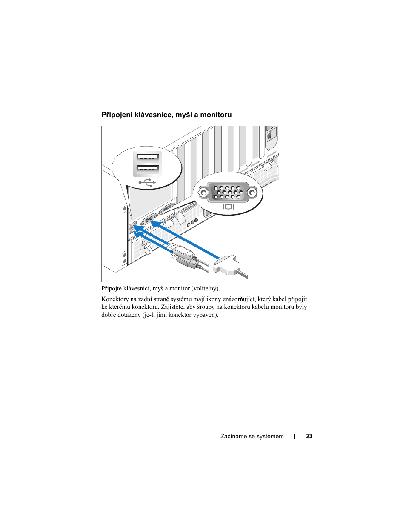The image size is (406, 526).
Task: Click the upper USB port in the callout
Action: (148, 158)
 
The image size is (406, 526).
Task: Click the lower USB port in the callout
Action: (148, 170)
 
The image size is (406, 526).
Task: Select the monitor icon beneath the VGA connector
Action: (228, 207)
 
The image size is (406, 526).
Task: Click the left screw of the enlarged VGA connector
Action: (203, 193)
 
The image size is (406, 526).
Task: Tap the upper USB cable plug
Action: (181, 251)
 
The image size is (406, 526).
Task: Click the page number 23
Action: (309, 436)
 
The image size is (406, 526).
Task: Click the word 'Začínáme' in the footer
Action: (233, 436)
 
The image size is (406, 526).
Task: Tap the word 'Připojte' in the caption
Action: (112, 289)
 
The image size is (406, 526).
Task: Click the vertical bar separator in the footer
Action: (295, 437)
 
